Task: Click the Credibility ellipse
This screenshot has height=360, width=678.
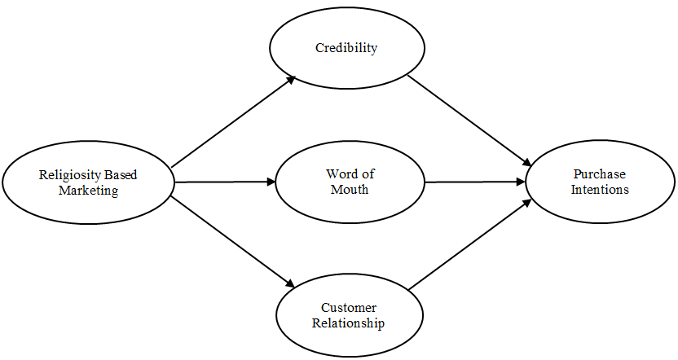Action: [x=346, y=48]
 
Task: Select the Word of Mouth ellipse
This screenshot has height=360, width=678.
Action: [x=350, y=182]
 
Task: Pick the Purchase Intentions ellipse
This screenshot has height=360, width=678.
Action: [x=600, y=182]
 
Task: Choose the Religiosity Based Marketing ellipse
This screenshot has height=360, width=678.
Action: [x=88, y=182]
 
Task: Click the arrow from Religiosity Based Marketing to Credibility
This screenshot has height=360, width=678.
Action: [x=233, y=121]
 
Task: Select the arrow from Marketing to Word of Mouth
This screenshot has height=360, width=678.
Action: [x=225, y=182]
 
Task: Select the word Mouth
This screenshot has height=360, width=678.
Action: [x=350, y=190]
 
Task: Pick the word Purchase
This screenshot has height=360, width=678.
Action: [x=600, y=173]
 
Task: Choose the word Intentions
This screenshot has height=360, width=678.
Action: [x=600, y=190]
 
